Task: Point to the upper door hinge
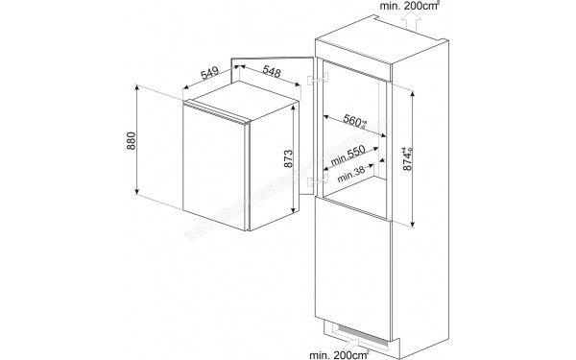(313, 82)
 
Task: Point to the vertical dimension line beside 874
(416, 159)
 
